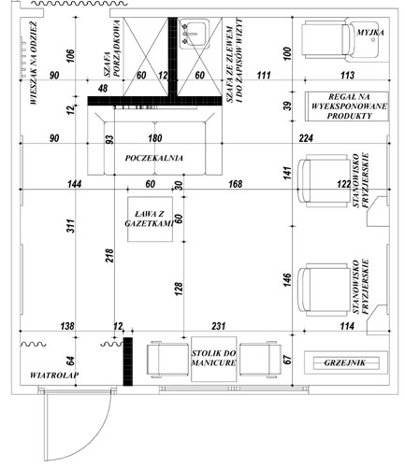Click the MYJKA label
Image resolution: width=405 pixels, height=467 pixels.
pyautogui.click(x=370, y=33)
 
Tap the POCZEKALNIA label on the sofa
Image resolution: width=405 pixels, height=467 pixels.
pyautogui.click(x=154, y=158)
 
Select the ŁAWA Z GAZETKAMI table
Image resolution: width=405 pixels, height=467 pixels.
pyautogui.click(x=150, y=219)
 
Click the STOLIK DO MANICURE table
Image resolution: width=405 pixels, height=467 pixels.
pyautogui.click(x=214, y=359)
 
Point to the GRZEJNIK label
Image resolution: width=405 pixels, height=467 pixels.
pyautogui.click(x=345, y=362)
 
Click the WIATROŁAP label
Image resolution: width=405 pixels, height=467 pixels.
pyautogui.click(x=54, y=375)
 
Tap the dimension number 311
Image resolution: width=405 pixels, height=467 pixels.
pyautogui.click(x=71, y=226)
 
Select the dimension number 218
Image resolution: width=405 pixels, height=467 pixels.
pyautogui.click(x=109, y=255)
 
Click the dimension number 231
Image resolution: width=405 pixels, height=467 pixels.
pyautogui.click(x=218, y=326)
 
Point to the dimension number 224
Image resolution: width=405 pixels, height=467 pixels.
pyautogui.click(x=306, y=138)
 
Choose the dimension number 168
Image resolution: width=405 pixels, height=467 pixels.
pyautogui.click(x=235, y=184)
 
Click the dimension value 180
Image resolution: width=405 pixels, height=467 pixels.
pyautogui.click(x=155, y=138)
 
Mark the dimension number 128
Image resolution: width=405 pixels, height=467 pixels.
pyautogui.click(x=179, y=289)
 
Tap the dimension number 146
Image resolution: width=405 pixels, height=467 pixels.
pyautogui.click(x=287, y=280)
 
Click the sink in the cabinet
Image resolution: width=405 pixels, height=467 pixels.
pyautogui.click(x=194, y=34)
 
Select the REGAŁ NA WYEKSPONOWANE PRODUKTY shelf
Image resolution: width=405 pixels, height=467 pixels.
pyautogui.click(x=347, y=106)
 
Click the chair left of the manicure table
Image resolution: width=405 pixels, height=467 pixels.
pyautogui.click(x=167, y=360)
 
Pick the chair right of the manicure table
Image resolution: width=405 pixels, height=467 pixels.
pyautogui.click(x=261, y=360)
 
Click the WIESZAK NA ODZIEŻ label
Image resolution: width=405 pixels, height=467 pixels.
pyautogui.click(x=34, y=63)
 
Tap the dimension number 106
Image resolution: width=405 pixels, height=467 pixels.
pyautogui.click(x=71, y=56)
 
